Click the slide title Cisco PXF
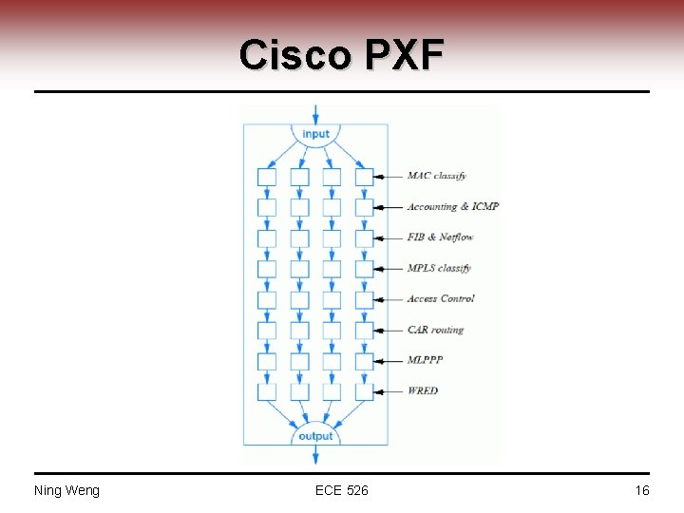tap(341, 55)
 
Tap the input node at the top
tap(315, 134)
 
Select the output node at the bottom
tap(315, 436)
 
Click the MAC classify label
tap(436, 176)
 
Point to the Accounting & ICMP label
tap(452, 206)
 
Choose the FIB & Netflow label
tap(440, 237)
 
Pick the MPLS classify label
tap(439, 268)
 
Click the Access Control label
tap(441, 298)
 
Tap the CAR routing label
tap(435, 330)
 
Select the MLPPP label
tap(425, 360)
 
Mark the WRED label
tap(423, 390)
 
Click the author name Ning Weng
tap(66, 490)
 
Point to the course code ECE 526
tap(341, 490)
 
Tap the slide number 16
tap(642, 490)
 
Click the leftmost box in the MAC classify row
tap(267, 177)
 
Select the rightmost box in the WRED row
tap(364, 390)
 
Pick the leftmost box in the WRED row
tap(267, 390)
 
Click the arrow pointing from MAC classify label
tap(388, 177)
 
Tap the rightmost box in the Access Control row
tap(364, 299)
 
